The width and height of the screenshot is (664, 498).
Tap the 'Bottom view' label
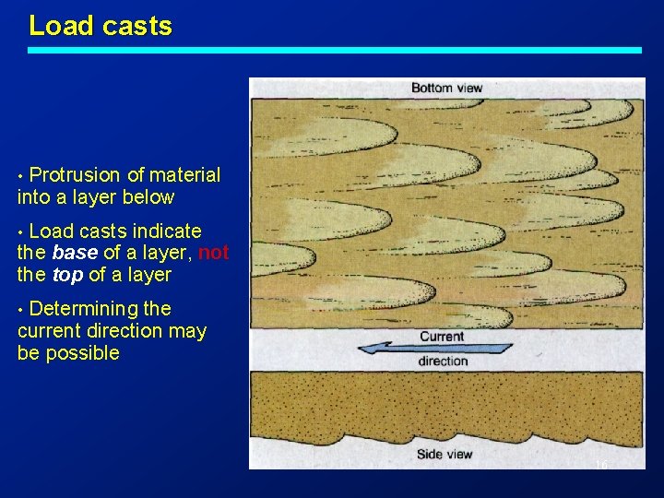coord(446,89)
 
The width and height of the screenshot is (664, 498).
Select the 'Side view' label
coord(444,454)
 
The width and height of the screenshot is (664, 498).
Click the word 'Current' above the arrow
coord(442,336)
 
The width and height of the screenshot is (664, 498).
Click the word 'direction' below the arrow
coord(443,362)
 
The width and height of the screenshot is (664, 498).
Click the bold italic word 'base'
coord(73,253)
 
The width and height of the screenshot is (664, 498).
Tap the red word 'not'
coord(213,253)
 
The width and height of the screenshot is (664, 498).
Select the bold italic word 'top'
coord(67,275)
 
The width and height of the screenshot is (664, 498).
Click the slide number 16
coord(600,465)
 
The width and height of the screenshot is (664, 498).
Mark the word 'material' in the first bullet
coord(184,175)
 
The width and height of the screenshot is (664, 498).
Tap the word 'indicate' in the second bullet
coord(166,231)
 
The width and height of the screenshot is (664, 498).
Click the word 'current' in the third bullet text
coord(50,331)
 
